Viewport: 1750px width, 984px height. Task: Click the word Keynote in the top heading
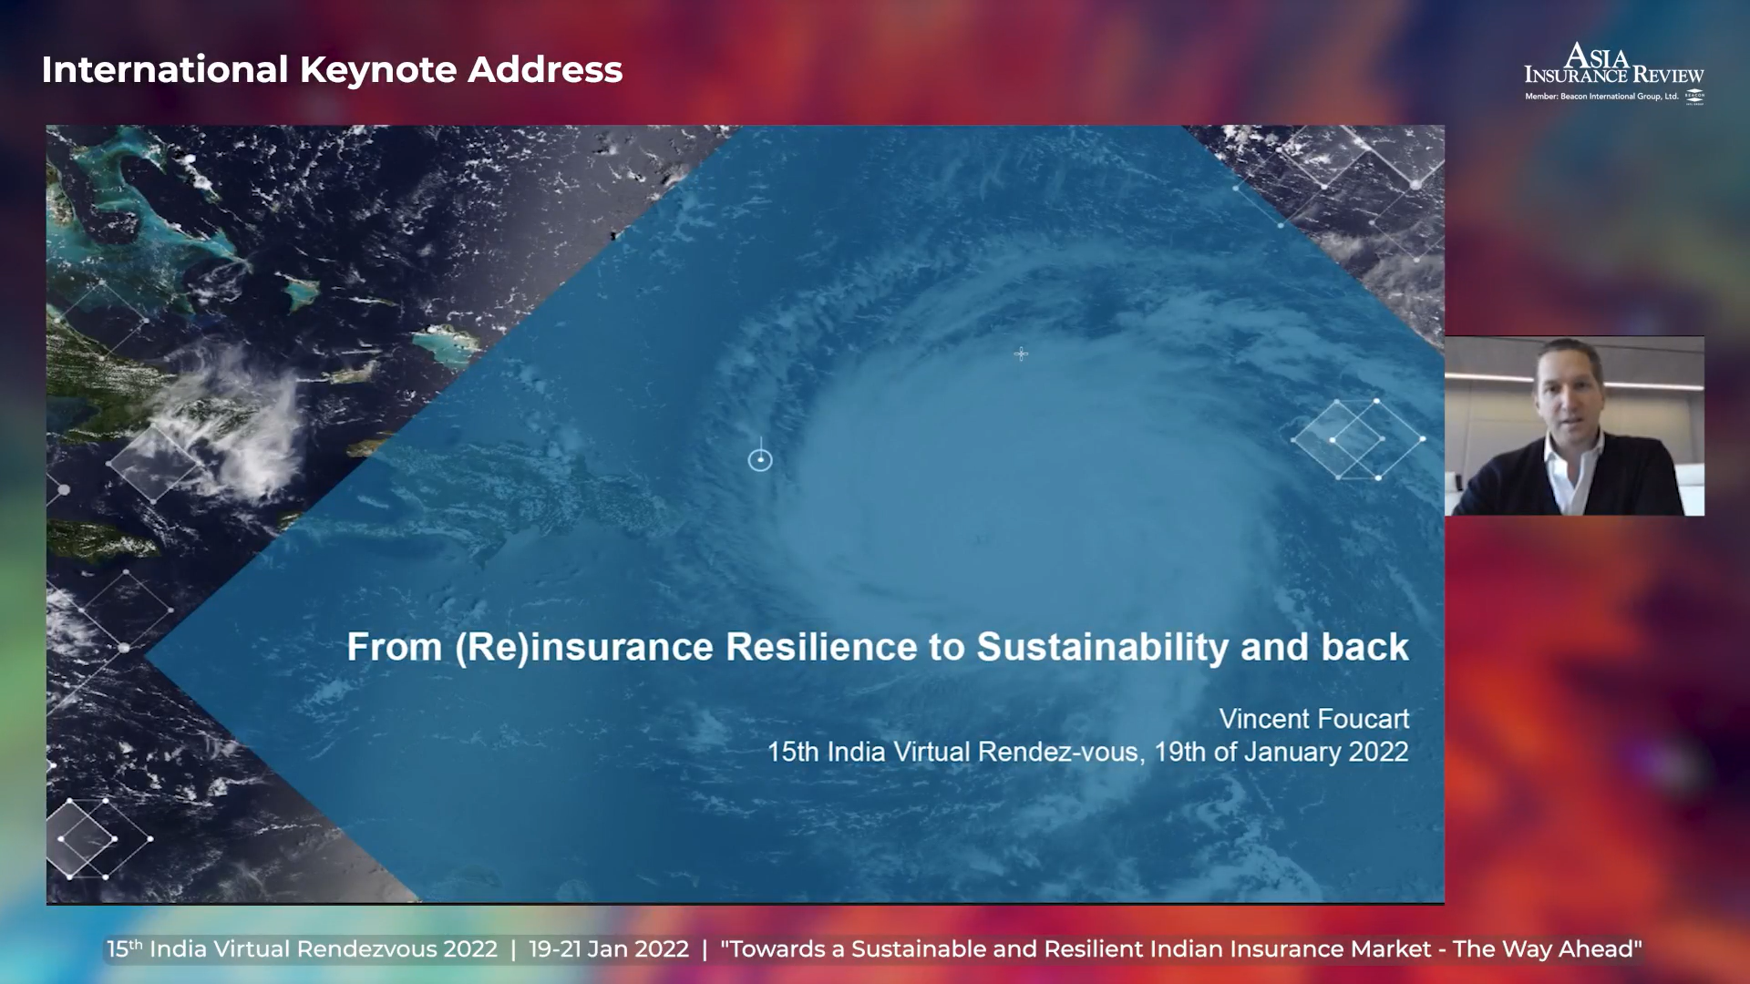coord(378,71)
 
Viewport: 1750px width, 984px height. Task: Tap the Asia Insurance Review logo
coord(1614,72)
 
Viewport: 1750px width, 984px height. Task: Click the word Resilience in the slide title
coord(823,647)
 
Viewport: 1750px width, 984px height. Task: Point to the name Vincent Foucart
coord(1314,719)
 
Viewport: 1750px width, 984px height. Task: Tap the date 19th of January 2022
coord(1282,753)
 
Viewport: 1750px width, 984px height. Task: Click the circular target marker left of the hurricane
coord(760,460)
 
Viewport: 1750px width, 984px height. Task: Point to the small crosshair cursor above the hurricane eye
coord(1021,354)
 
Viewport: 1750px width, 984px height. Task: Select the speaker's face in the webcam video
coord(1569,392)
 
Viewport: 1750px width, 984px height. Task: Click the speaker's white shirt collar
coord(1573,460)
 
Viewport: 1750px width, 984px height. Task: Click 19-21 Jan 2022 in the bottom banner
coord(609,949)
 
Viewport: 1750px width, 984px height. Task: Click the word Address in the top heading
coord(545,70)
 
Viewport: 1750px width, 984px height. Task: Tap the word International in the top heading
coord(165,70)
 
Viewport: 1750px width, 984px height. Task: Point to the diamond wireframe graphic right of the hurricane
coord(1358,439)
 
